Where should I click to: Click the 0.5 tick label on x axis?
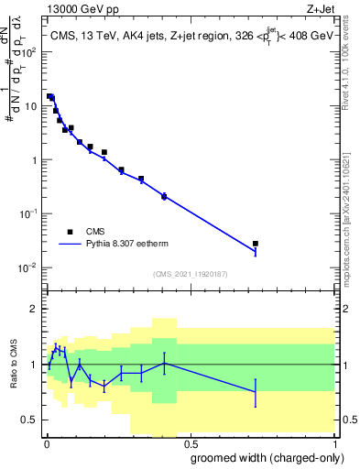[189, 442]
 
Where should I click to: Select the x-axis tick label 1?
[333, 442]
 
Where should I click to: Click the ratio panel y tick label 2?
[34, 309]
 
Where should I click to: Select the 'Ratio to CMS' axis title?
[13, 365]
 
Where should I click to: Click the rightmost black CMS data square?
[256, 244]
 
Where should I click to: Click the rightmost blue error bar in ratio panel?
[256, 392]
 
